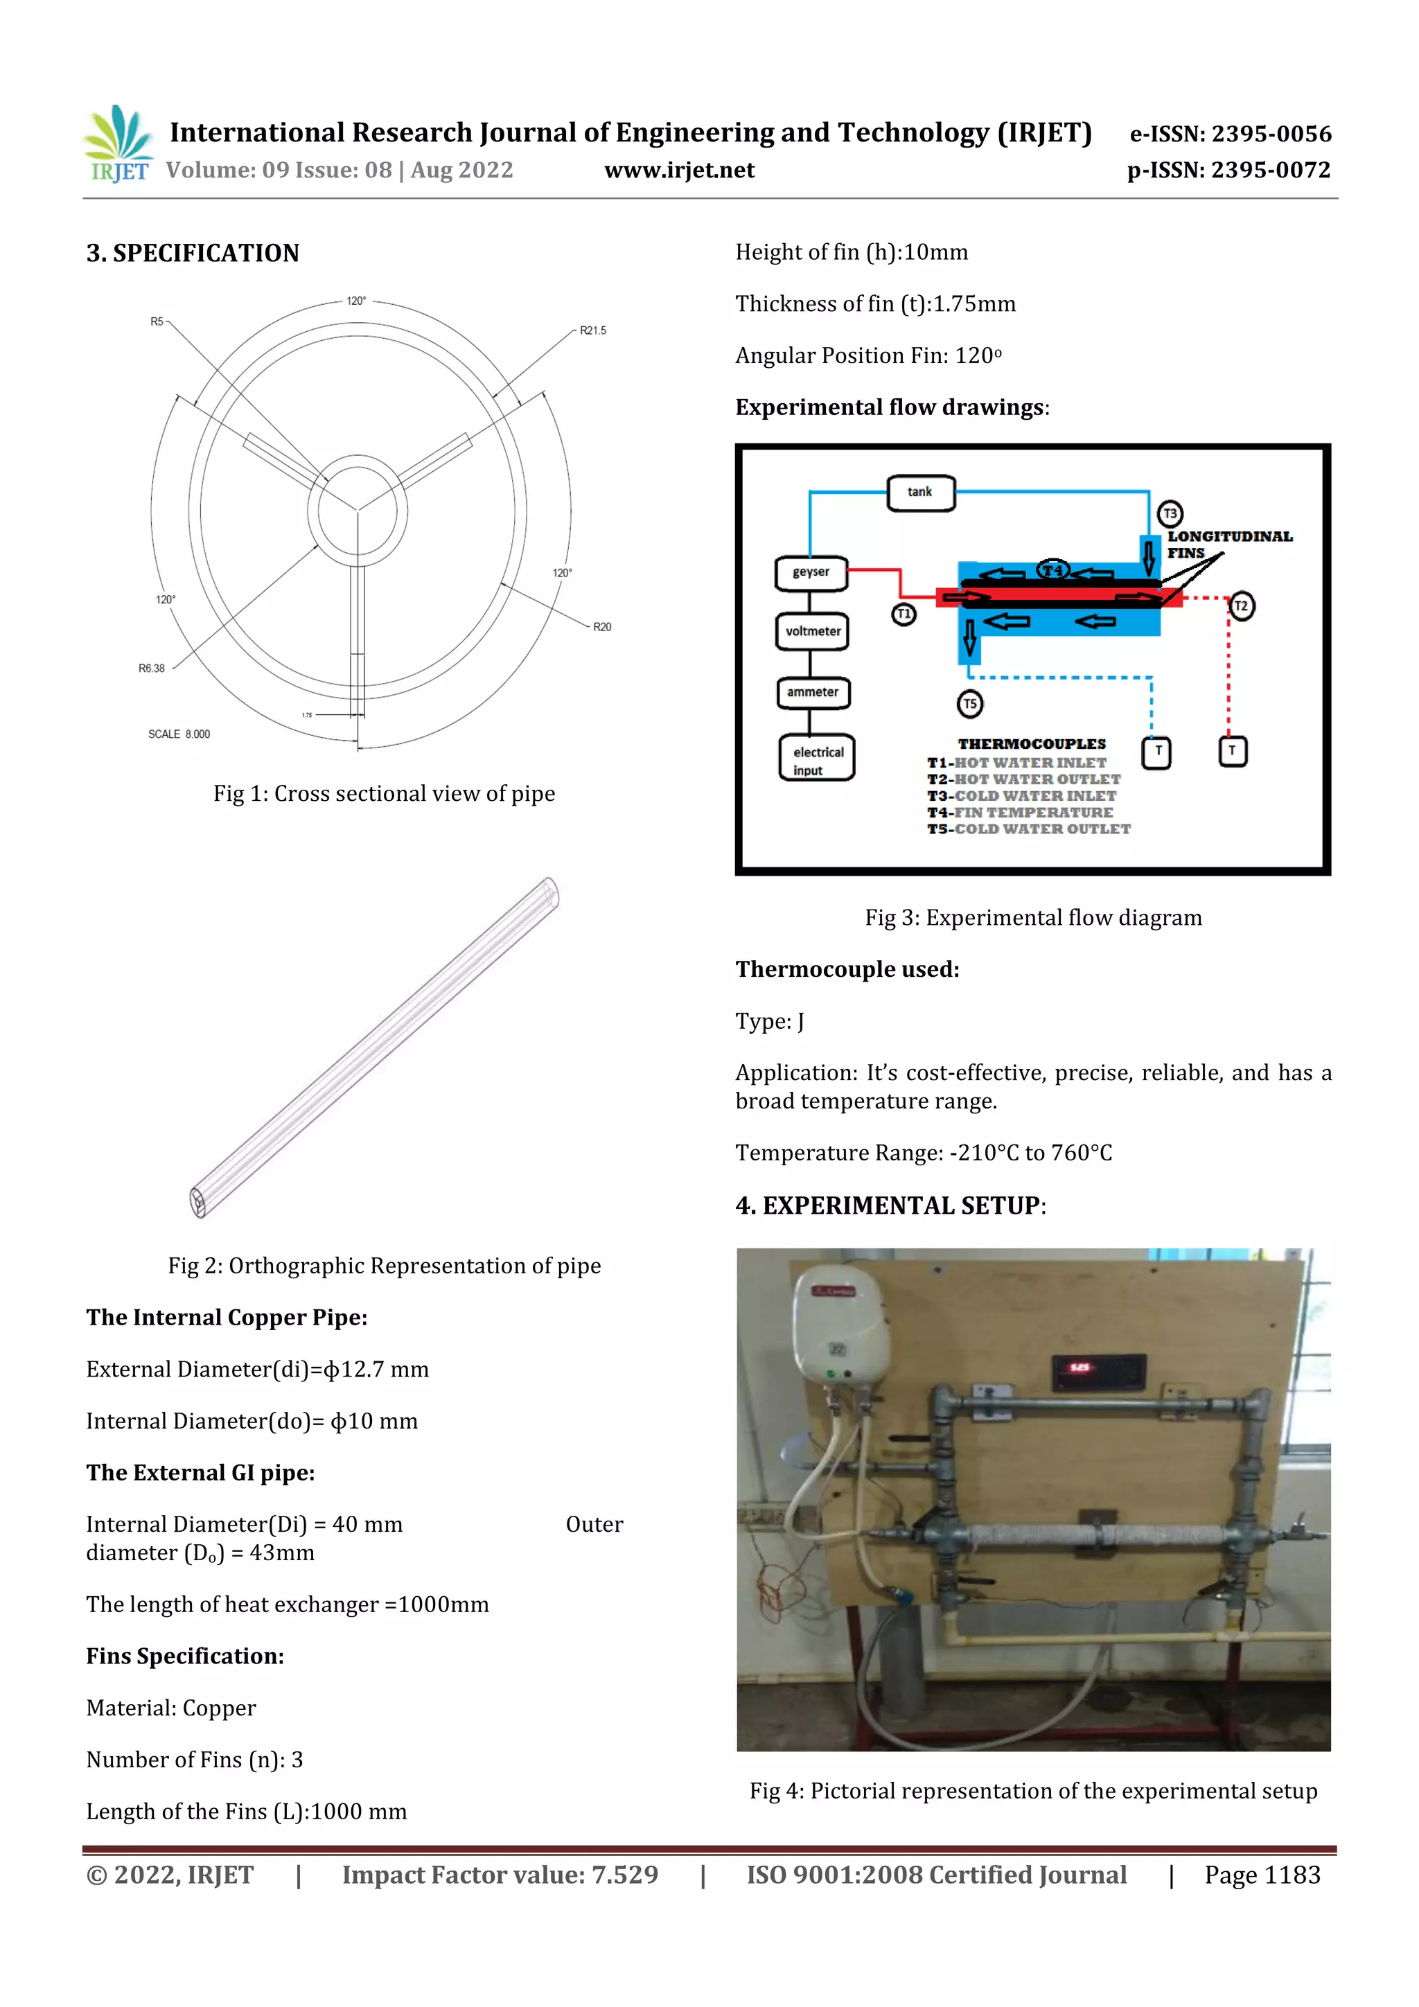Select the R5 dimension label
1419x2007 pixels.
click(x=157, y=321)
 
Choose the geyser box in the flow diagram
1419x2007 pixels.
click(x=811, y=572)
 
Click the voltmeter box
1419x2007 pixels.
click(x=812, y=631)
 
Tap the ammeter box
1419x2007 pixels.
click(x=812, y=692)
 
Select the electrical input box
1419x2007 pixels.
click(x=817, y=759)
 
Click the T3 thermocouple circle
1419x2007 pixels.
click(x=1170, y=514)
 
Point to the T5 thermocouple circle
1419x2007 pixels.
click(x=969, y=704)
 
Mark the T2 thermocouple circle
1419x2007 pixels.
click(x=1241, y=605)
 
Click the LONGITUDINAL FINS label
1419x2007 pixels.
click(x=1228, y=545)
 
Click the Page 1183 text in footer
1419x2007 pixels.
click(x=1262, y=1875)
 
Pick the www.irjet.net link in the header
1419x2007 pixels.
click(x=678, y=170)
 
